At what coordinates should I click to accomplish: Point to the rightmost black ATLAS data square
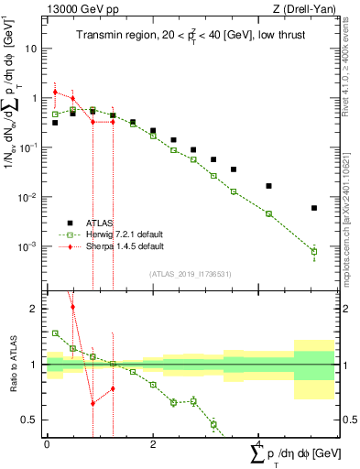tap(314, 208)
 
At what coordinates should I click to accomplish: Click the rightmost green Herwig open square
tap(314, 251)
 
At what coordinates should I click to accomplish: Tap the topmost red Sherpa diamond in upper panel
tap(56, 93)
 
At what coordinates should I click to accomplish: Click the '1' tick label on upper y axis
tap(36, 97)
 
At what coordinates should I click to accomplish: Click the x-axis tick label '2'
tap(152, 443)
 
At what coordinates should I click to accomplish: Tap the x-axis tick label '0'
tap(47, 443)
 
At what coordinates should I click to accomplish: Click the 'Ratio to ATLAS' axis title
tap(11, 365)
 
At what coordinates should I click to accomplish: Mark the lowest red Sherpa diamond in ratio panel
tap(93, 403)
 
